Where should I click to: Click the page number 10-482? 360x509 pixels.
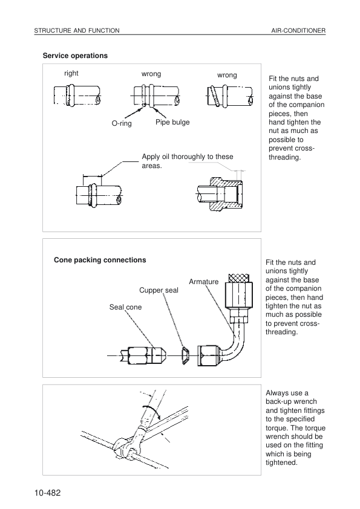pos(47,493)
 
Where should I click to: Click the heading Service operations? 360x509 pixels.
pos(75,56)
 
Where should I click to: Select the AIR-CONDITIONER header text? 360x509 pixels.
pos(298,30)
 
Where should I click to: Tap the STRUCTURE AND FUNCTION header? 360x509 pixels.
pos(77,30)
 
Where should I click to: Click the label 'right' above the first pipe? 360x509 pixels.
pos(71,73)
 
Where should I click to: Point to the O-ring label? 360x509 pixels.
pos(122,123)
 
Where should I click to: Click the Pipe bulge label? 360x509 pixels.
pos(172,122)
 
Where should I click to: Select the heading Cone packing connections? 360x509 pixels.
pos(100,260)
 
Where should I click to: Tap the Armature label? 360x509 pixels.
pos(204,282)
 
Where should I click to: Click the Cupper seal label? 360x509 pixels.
pos(159,290)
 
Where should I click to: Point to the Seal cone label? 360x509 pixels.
pos(125,307)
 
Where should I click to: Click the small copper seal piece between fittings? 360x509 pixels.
pos(185,355)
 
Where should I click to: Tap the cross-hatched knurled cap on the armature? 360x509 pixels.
pos(239,278)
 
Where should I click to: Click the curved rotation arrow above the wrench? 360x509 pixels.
pos(152,410)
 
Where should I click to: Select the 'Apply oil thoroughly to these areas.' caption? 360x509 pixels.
pos(188,161)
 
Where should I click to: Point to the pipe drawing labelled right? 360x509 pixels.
pos(77,95)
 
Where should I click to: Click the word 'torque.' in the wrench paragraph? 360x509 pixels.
pos(277,428)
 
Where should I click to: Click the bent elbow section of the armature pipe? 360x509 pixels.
pos(235,343)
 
